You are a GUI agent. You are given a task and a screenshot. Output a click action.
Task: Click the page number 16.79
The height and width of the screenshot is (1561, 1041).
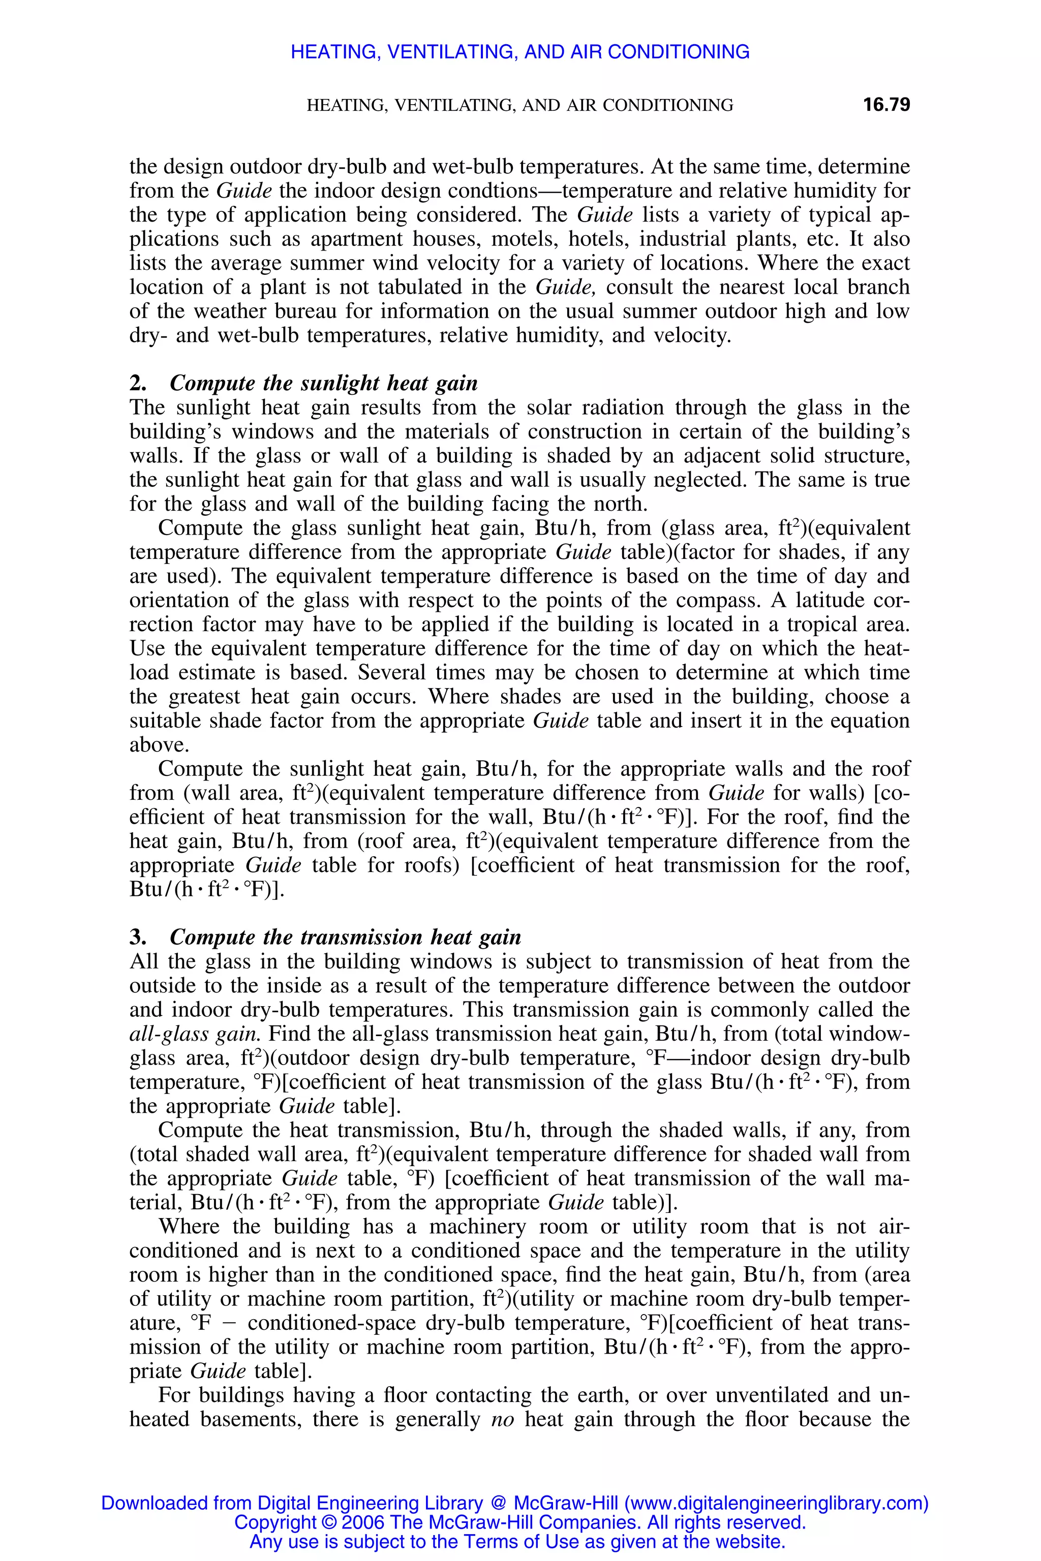tap(886, 105)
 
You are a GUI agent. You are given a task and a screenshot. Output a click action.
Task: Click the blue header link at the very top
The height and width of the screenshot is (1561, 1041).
tap(520, 52)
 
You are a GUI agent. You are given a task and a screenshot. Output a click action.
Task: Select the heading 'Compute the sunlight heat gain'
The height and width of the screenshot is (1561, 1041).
tap(323, 384)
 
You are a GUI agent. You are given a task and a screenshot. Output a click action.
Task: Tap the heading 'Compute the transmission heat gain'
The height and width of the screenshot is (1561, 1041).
tap(345, 937)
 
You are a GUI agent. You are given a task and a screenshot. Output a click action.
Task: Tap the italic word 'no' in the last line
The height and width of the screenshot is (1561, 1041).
tap(503, 1419)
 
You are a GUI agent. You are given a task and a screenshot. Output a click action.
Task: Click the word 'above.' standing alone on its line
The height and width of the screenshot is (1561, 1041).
tap(159, 744)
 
